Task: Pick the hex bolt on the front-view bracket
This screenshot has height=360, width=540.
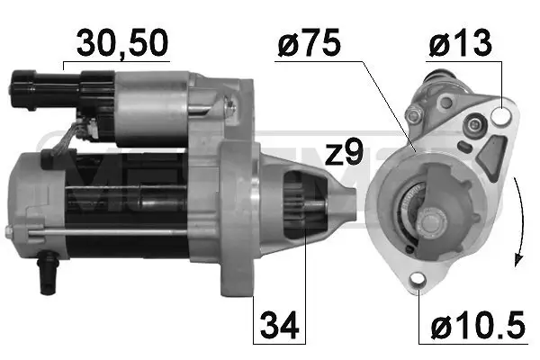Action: pyautogui.click(x=415, y=114)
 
